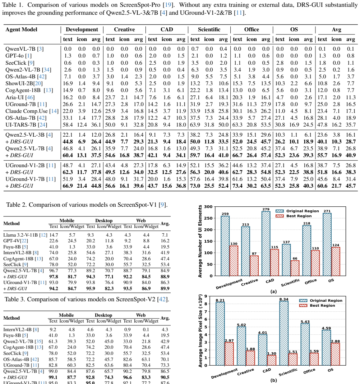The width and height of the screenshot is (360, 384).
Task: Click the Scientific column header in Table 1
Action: [x=209, y=29]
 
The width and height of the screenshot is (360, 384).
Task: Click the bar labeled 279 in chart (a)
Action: [x=266, y=243]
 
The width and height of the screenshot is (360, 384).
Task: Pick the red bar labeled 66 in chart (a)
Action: [x=295, y=268]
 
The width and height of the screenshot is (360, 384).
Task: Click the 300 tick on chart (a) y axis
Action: [x=208, y=207]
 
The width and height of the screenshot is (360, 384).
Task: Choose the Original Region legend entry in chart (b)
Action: [x=321, y=301]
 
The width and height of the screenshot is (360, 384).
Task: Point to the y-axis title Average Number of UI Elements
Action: [x=200, y=241]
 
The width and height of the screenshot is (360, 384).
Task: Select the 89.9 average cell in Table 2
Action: [x=165, y=288]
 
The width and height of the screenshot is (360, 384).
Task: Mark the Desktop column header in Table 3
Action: [x=103, y=315]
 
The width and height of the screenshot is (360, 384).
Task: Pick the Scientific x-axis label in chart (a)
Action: [x=290, y=283]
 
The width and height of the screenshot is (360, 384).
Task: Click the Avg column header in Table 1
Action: [x=336, y=29]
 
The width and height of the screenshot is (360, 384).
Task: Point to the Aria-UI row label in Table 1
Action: [x=20, y=97]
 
